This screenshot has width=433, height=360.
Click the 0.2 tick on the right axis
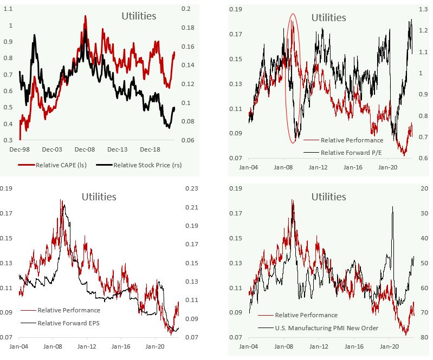click(186, 9)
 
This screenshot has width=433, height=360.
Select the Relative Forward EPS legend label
click(69, 323)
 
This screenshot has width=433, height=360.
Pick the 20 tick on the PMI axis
click(424, 188)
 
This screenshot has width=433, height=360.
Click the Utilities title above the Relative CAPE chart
click(138, 16)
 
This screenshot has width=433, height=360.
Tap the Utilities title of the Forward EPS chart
click(99, 197)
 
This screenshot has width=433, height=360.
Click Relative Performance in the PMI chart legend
click(306, 315)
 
